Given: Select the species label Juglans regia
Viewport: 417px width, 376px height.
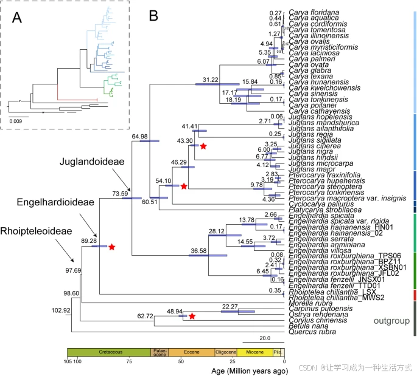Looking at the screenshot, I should tap(312, 134).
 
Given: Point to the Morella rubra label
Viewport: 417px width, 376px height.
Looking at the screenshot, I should tap(310, 303).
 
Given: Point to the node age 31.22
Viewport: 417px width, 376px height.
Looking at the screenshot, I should tap(210, 80).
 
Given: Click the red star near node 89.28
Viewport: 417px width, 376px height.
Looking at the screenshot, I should tap(111, 247).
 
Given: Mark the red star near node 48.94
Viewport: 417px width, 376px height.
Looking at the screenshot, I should tap(191, 316).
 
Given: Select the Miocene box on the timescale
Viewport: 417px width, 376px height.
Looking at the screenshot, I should tap(254, 352).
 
